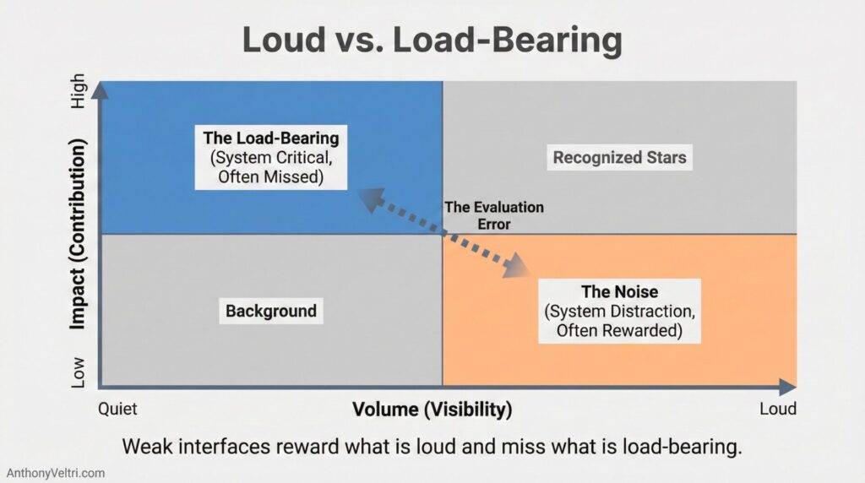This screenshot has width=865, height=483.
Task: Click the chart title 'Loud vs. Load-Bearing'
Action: coord(432,40)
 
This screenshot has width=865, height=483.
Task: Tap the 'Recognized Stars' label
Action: coord(619,157)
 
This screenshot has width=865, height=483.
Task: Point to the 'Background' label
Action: coord(270,311)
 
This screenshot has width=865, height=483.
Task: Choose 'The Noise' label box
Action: coord(619,311)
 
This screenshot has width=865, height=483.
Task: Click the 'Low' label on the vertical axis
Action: coord(79,371)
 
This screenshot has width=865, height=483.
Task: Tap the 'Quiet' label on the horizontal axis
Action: coord(118,409)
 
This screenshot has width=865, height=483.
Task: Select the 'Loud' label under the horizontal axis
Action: coord(777,409)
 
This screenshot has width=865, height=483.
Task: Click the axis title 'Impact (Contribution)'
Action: coord(79,236)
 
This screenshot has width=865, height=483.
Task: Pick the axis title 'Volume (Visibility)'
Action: coord(432,410)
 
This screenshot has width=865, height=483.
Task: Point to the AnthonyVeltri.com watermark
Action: coord(56,473)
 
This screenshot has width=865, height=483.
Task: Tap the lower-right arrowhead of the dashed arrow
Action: coord(518,270)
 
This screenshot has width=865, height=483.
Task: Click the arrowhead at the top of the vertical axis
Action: coord(101,88)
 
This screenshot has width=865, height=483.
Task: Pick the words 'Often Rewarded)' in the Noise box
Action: coord(619,330)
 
